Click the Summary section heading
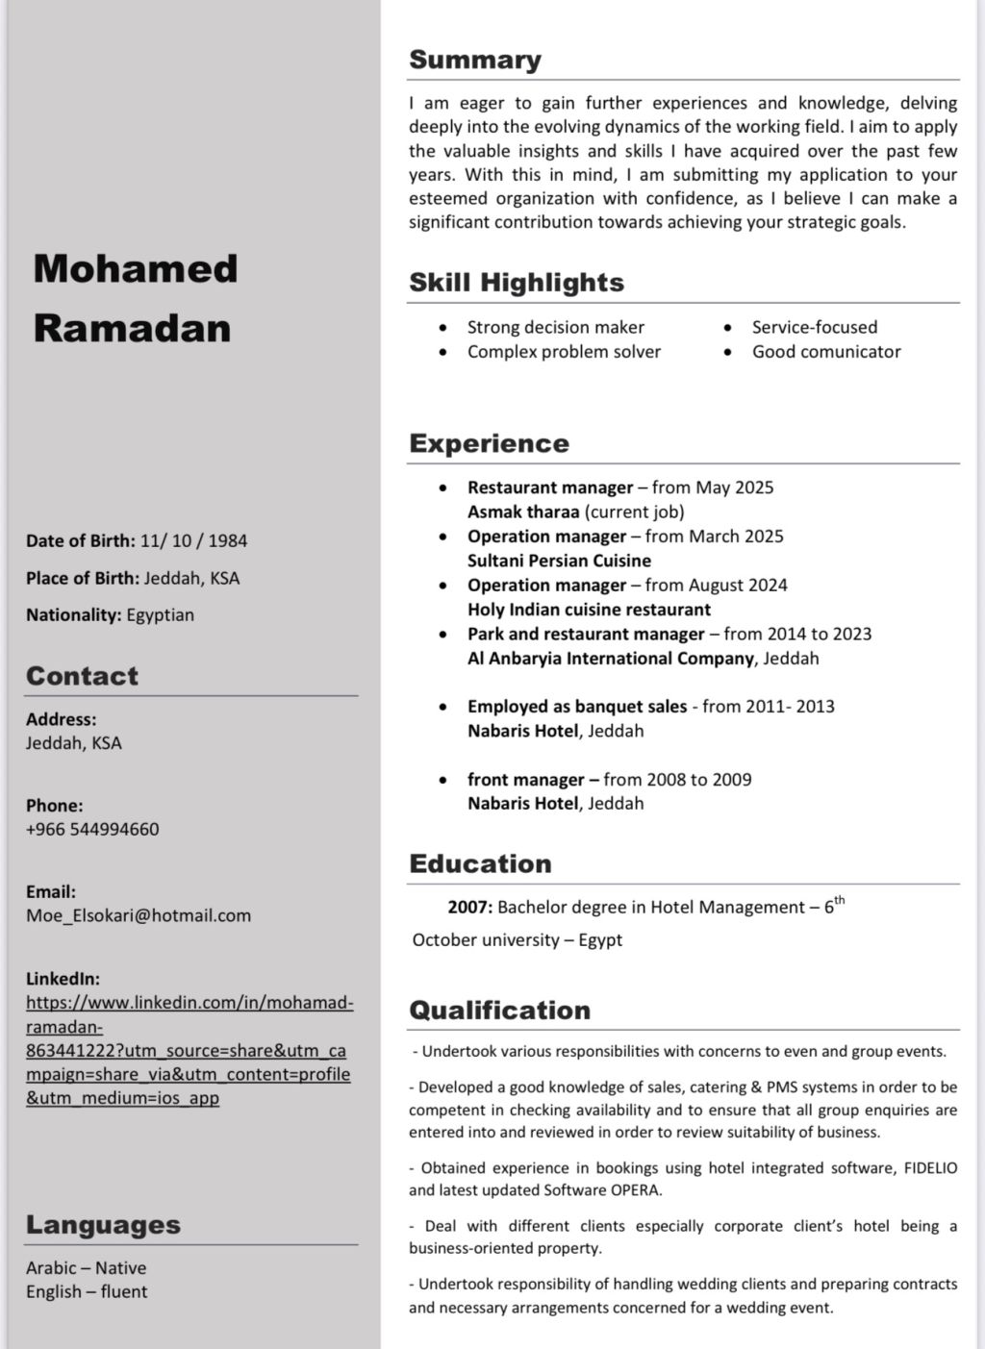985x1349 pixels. [475, 60]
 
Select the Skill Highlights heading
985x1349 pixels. [517, 283]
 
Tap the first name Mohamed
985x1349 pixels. [136, 268]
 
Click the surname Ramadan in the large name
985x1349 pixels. [133, 328]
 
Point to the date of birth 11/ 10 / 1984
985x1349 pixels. [193, 540]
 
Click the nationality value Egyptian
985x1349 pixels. [160, 614]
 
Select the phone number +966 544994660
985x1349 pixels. [92, 829]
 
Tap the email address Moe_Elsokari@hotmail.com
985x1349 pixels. [139, 915]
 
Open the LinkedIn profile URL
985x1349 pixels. [189, 1050]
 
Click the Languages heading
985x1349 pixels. [103, 1225]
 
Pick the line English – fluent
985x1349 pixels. [87, 1291]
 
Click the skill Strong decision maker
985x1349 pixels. [556, 327]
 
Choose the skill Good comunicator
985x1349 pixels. [826, 351]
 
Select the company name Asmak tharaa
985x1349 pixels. [523, 512]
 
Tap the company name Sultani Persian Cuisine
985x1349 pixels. [559, 561]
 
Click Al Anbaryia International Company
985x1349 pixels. [610, 659]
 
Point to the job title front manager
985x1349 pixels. [525, 780]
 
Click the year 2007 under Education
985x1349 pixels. [469, 907]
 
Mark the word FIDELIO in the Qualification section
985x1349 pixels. [930, 1168]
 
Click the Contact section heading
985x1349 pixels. [82, 676]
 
